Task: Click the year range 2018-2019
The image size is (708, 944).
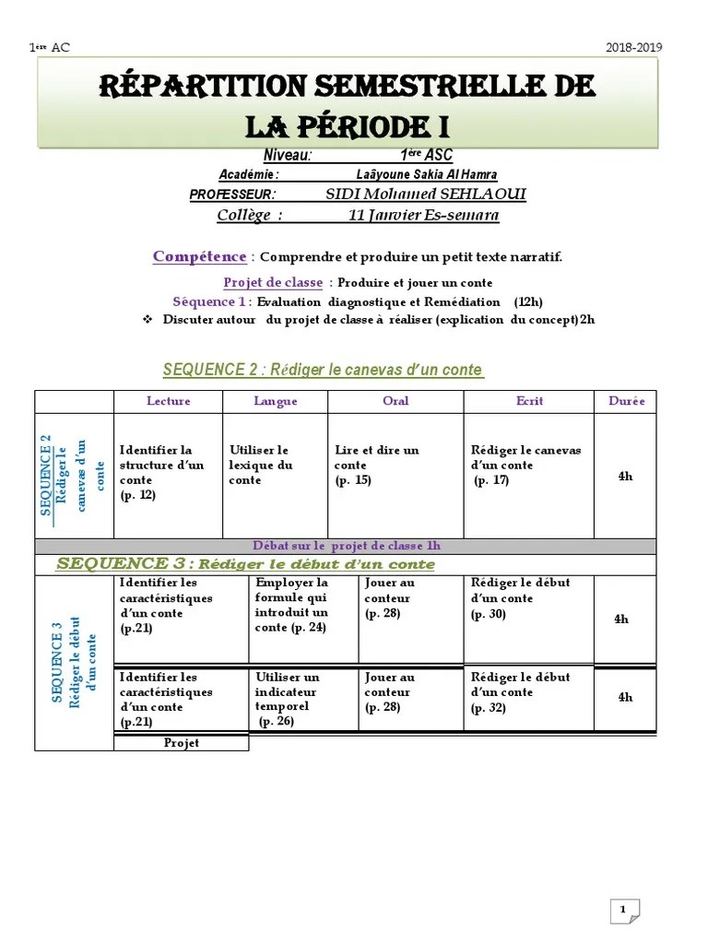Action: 634,48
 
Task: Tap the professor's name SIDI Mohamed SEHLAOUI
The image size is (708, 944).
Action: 427,194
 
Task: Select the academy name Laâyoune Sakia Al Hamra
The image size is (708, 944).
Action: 426,174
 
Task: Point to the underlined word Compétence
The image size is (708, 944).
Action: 199,256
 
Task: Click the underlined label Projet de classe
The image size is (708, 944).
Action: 273,282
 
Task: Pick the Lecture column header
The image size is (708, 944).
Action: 168,401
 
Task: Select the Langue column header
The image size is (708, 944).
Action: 276,401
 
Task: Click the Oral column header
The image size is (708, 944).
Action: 395,401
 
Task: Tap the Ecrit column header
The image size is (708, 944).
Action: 529,401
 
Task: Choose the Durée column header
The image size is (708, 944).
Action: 626,401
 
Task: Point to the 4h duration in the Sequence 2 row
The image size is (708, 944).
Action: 625,476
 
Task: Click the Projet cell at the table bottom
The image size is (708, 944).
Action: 182,743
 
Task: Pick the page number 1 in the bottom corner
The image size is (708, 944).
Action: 623,884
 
